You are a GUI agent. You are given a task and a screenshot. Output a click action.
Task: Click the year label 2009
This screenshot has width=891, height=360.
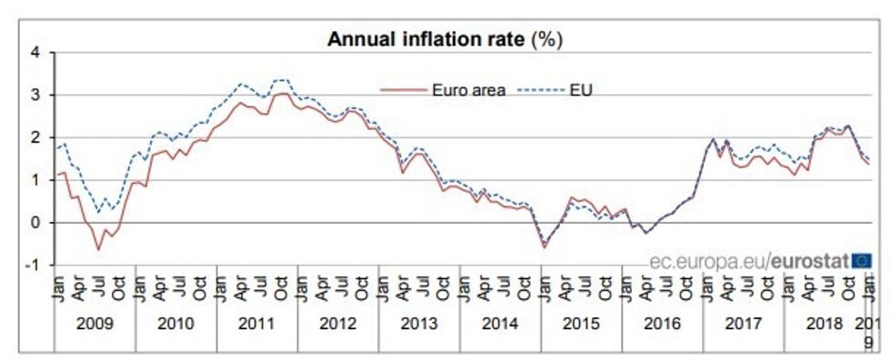coord(94,322)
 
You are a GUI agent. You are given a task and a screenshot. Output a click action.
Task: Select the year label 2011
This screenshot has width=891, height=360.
coord(256,322)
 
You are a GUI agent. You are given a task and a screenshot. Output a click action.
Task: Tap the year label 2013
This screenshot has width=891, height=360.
coord(419,322)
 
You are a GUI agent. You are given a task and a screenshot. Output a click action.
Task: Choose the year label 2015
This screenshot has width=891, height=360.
coord(581,322)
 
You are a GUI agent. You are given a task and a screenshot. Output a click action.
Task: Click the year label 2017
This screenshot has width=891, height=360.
coord(743,322)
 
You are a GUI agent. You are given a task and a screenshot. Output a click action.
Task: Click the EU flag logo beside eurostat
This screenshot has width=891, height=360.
coord(863,262)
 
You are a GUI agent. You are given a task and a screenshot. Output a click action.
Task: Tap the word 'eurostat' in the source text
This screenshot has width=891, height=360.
coord(811,262)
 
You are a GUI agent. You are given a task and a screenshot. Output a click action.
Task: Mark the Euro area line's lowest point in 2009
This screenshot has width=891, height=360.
coord(98,249)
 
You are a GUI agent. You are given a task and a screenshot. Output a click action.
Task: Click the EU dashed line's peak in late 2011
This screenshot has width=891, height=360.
coord(282,80)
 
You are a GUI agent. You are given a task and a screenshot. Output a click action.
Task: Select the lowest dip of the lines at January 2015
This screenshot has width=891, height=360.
coord(545,246)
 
